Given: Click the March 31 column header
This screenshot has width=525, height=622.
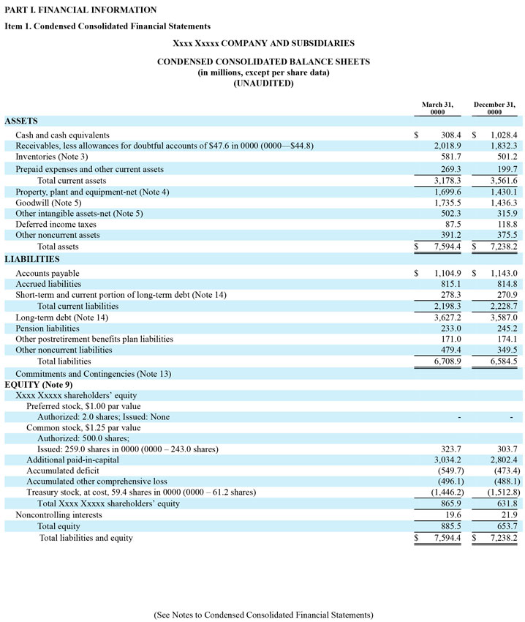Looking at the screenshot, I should (437, 108).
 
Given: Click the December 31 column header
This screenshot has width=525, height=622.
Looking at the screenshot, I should (494, 108).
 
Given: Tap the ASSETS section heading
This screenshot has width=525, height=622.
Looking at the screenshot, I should (21, 121).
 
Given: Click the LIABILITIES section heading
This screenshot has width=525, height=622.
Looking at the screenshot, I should (32, 259).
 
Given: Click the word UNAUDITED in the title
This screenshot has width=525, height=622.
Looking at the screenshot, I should (263, 83).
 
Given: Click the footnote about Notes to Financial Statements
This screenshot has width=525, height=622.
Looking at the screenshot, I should (263, 615).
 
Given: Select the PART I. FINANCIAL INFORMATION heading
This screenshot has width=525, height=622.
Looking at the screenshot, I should (80, 10).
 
